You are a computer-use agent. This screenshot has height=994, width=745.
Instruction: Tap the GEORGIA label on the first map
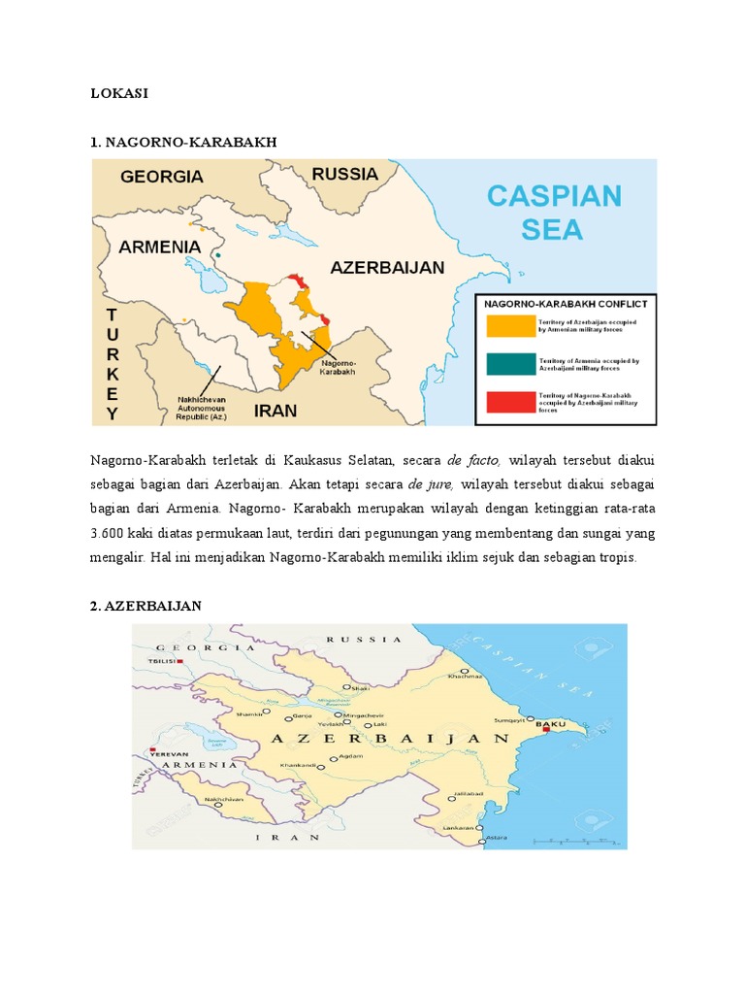click(x=162, y=177)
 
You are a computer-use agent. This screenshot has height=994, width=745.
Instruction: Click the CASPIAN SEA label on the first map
click(x=553, y=213)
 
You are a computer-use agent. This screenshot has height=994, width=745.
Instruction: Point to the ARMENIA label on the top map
click(x=159, y=247)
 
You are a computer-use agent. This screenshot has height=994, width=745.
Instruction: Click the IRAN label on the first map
click(x=275, y=411)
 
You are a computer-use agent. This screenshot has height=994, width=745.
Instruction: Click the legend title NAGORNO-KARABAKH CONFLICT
click(x=566, y=302)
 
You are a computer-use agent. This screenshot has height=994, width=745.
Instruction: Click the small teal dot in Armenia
click(x=219, y=255)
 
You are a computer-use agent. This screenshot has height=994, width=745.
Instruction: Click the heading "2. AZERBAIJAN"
click(x=145, y=606)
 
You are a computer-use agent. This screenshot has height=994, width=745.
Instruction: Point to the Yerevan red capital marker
click(x=152, y=750)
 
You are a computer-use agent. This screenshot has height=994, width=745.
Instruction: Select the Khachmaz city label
click(x=466, y=678)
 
